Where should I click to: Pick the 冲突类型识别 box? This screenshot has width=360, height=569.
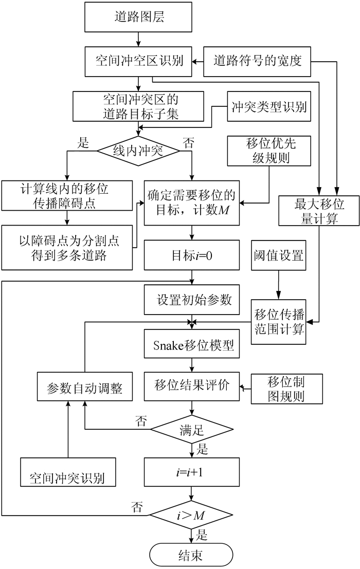pos(269,107)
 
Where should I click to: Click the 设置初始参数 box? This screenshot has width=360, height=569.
pos(192,299)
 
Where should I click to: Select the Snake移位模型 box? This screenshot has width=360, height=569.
pos(192,346)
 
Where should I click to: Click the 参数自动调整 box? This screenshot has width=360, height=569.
pos(85,388)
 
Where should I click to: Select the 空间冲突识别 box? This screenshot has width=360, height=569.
pos(67,472)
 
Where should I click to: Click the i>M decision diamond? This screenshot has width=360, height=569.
pos(192,515)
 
